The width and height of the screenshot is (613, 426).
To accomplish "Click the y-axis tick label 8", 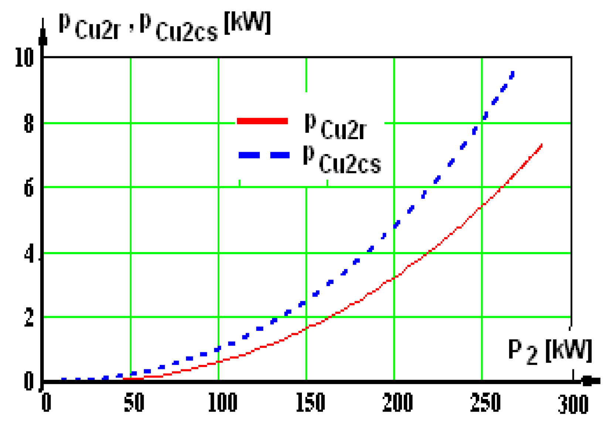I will [x=29, y=124].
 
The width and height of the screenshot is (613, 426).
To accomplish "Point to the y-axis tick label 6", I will [x=29, y=188].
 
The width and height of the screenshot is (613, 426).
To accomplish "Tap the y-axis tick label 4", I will [x=29, y=254].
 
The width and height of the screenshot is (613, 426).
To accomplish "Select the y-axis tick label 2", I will [x=29, y=318].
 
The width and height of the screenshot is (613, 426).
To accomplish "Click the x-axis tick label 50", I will [x=134, y=403].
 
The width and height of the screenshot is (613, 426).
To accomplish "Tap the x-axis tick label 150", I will [x=310, y=403].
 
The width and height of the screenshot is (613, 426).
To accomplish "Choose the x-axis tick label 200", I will [x=398, y=403].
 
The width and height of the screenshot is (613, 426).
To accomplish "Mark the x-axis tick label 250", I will [x=486, y=403].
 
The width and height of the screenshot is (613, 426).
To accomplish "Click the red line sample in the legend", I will [x=262, y=121].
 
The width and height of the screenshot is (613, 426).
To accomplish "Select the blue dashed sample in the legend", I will [x=264, y=155].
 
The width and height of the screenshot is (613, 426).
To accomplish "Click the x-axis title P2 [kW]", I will [x=549, y=351].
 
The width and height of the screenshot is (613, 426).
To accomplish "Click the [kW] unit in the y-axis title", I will [x=248, y=23].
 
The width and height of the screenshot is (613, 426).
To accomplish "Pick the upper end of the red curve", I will [x=541, y=145].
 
